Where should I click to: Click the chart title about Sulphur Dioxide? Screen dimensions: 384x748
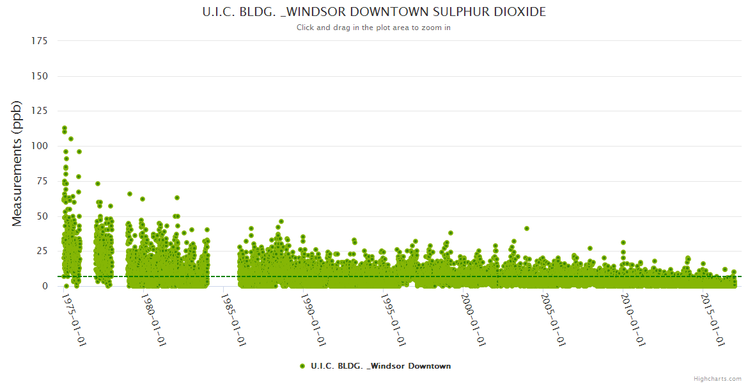coord(374,12)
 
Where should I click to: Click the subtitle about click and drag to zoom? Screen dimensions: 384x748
coord(374,28)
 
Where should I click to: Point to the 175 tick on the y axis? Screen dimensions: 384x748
coord(40,41)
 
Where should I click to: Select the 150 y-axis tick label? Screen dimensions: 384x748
coord(40,76)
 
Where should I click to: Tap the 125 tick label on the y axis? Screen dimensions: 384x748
coord(40,111)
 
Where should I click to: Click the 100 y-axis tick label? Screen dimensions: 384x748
coord(40,146)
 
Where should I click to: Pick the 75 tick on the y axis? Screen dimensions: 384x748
coord(42,181)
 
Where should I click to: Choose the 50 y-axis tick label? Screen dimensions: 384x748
coord(42,216)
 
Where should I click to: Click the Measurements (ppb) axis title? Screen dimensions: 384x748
coord(17,163)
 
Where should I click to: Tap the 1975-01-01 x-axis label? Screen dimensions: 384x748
coord(74,319)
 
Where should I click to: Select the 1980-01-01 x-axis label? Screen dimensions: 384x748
coord(154,319)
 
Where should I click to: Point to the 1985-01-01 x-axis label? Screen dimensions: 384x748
coord(234,319)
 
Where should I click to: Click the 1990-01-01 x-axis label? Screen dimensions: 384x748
coord(314,319)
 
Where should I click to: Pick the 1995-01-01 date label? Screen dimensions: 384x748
coord(394,319)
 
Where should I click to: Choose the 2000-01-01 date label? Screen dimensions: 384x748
coord(474,319)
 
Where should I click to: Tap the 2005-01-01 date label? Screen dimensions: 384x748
coord(554,319)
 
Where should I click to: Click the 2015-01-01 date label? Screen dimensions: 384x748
coord(713,319)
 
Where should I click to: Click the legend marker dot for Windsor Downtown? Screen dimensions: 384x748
coord(302,366)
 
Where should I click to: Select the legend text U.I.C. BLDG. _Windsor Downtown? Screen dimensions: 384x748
coord(380,366)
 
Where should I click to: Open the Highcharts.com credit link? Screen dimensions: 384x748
coord(717,379)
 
